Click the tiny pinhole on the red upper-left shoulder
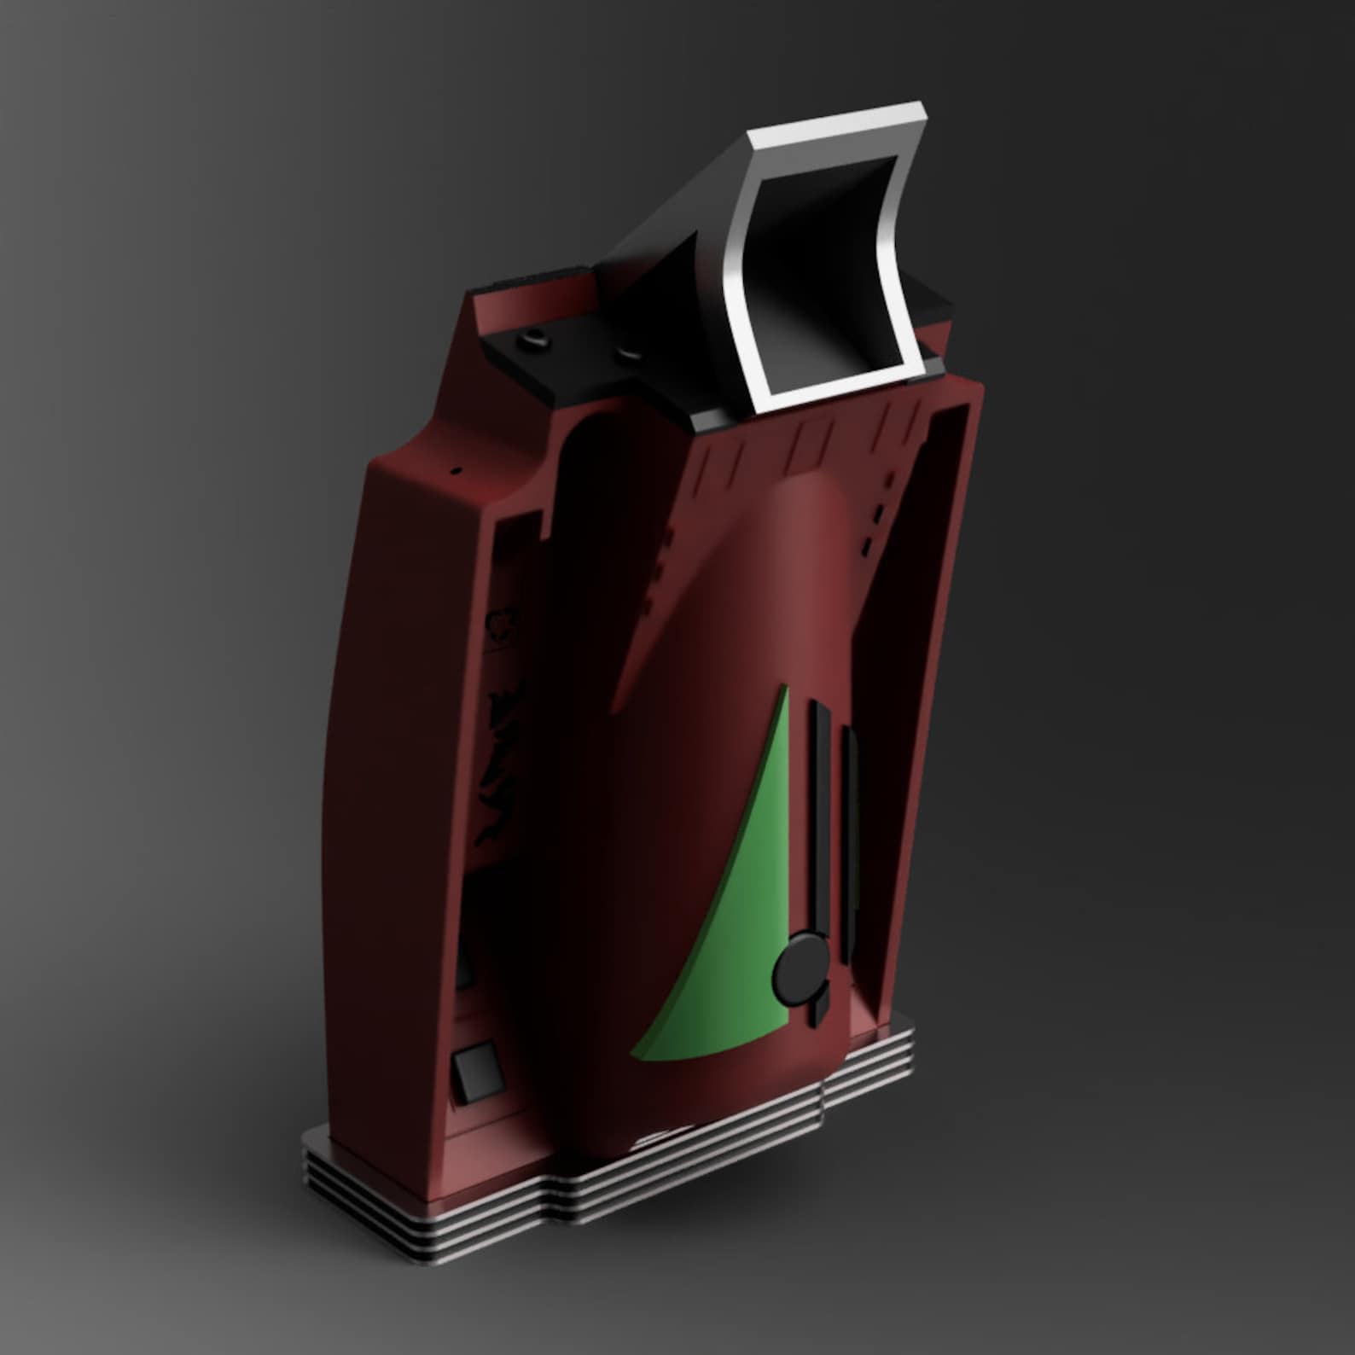pos(456,469)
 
